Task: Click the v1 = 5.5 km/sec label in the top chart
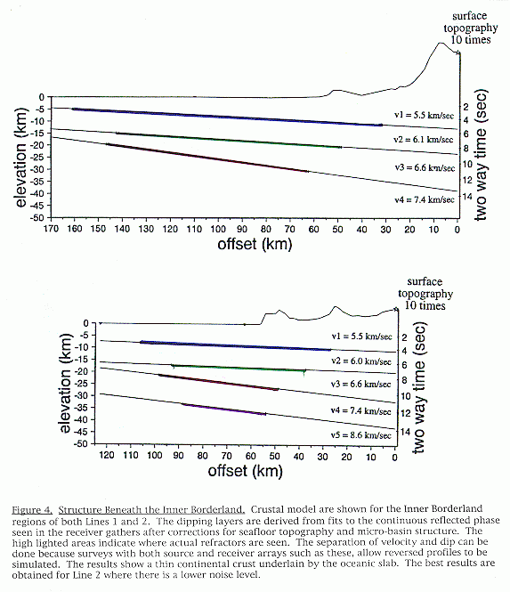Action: (x=424, y=115)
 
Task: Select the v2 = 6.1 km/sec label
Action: (x=423, y=139)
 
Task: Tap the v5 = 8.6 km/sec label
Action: (x=360, y=435)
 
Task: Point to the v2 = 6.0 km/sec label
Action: (x=361, y=361)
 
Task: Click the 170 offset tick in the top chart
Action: (x=51, y=229)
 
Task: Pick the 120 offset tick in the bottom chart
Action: (x=107, y=455)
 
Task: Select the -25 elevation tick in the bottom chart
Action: (x=81, y=384)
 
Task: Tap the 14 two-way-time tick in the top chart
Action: (x=467, y=197)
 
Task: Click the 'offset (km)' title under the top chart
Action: (x=255, y=244)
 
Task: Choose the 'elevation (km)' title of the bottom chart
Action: (x=65, y=383)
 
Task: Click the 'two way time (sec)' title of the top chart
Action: (x=482, y=155)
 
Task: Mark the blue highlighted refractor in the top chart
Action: (x=227, y=117)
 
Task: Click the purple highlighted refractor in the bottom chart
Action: (x=223, y=409)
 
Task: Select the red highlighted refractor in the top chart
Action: (x=206, y=158)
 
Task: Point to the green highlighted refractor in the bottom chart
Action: (x=239, y=369)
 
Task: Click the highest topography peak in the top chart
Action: (x=441, y=43)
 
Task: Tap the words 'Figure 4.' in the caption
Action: (x=32, y=510)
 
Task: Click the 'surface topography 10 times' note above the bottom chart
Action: (x=425, y=294)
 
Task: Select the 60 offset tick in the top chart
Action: (x=313, y=229)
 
